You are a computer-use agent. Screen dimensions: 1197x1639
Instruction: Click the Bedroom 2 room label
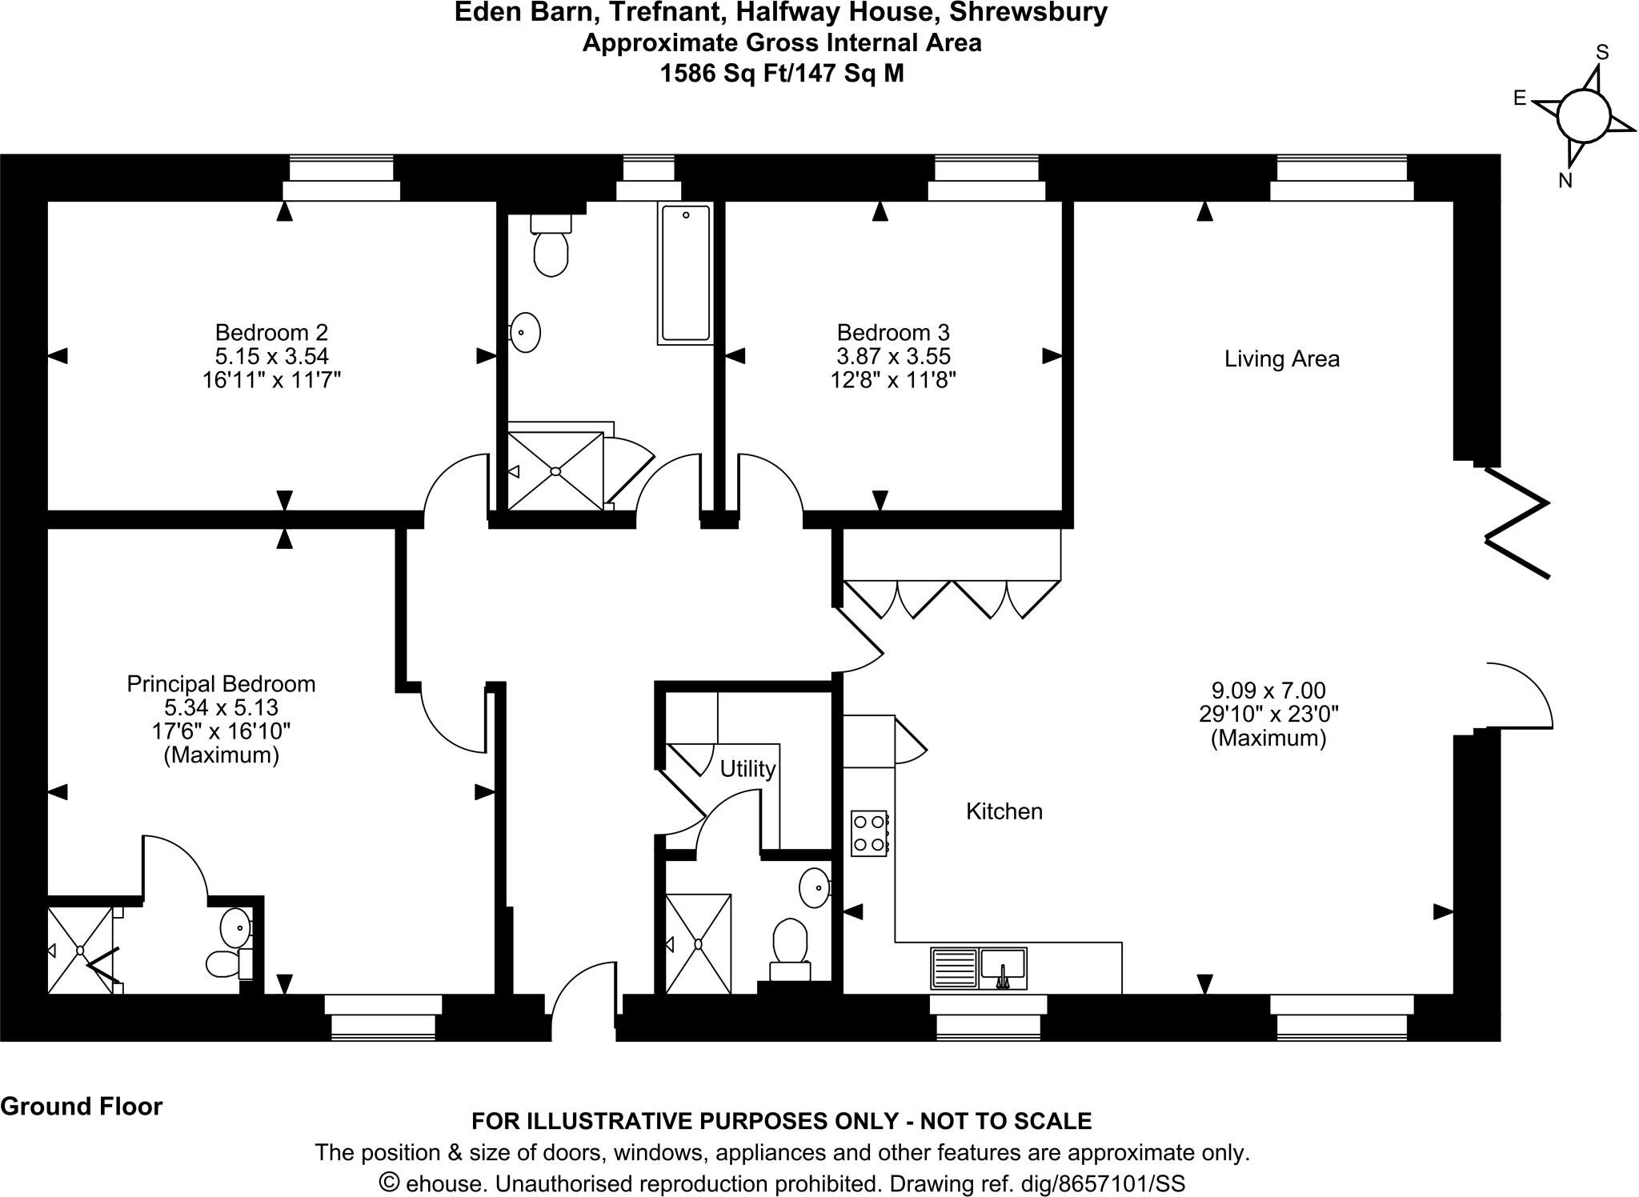pos(271,332)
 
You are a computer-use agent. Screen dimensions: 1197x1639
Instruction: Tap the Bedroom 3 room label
pos(893,332)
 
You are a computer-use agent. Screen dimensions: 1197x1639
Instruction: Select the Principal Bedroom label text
pos(221,684)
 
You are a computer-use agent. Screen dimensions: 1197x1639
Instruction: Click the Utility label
pos(747,769)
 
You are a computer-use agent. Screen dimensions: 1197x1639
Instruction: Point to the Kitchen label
pos(1004,811)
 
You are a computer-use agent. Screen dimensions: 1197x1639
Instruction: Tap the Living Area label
pos(1281,358)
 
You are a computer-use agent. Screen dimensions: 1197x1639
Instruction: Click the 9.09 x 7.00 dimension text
pos(1268,690)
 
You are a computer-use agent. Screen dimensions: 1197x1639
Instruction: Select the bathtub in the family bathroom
pos(685,273)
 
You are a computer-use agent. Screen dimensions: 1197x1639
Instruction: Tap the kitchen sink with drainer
pos(978,967)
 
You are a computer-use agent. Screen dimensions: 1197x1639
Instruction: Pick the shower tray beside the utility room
pos(698,943)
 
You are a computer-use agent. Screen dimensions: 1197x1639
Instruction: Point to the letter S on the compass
pos(1602,53)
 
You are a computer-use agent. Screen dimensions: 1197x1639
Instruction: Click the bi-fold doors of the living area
pos(1517,522)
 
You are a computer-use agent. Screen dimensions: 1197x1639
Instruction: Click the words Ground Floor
pos(82,1107)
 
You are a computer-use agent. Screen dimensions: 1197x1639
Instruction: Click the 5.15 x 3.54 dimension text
pos(271,355)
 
